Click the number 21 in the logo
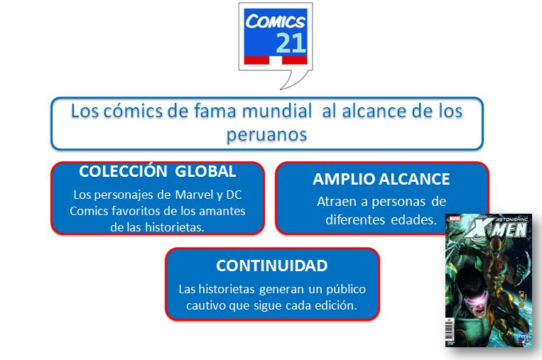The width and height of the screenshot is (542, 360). [291, 43]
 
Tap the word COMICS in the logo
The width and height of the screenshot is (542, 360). [276, 21]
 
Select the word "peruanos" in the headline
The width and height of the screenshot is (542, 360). [266, 134]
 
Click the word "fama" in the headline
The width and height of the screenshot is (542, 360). [215, 111]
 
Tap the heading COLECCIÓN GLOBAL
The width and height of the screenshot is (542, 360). [157, 171]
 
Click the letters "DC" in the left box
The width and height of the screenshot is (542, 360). [234, 195]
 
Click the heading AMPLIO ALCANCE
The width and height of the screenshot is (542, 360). [381, 179]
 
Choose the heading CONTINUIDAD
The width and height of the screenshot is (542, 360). [271, 266]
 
